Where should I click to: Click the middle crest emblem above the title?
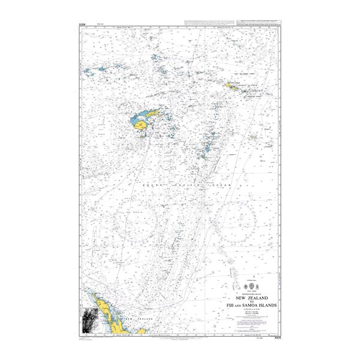(251, 287)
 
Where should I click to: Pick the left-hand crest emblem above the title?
(243, 287)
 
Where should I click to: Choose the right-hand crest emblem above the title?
(260, 287)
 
